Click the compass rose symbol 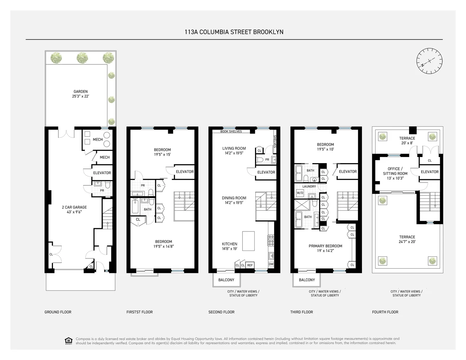tap(429, 61)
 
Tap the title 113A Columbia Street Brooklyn tap(234, 32)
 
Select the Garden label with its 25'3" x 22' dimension tap(81, 94)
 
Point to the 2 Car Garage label tap(74, 210)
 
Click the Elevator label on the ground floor tap(102, 173)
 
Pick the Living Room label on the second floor tap(234, 150)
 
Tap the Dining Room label tap(234, 200)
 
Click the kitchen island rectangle tap(248, 241)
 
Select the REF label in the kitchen tap(250, 265)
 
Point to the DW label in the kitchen tap(271, 264)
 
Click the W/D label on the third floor tap(300, 193)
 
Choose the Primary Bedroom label tap(325, 248)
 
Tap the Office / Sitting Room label tap(395, 173)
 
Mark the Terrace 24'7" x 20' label tap(407, 239)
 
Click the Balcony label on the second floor tap(226, 280)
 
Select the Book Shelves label tap(231, 131)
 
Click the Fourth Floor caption tap(385, 312)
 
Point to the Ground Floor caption tap(58, 312)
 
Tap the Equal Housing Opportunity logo tap(68, 341)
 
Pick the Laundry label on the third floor tap(309, 186)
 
